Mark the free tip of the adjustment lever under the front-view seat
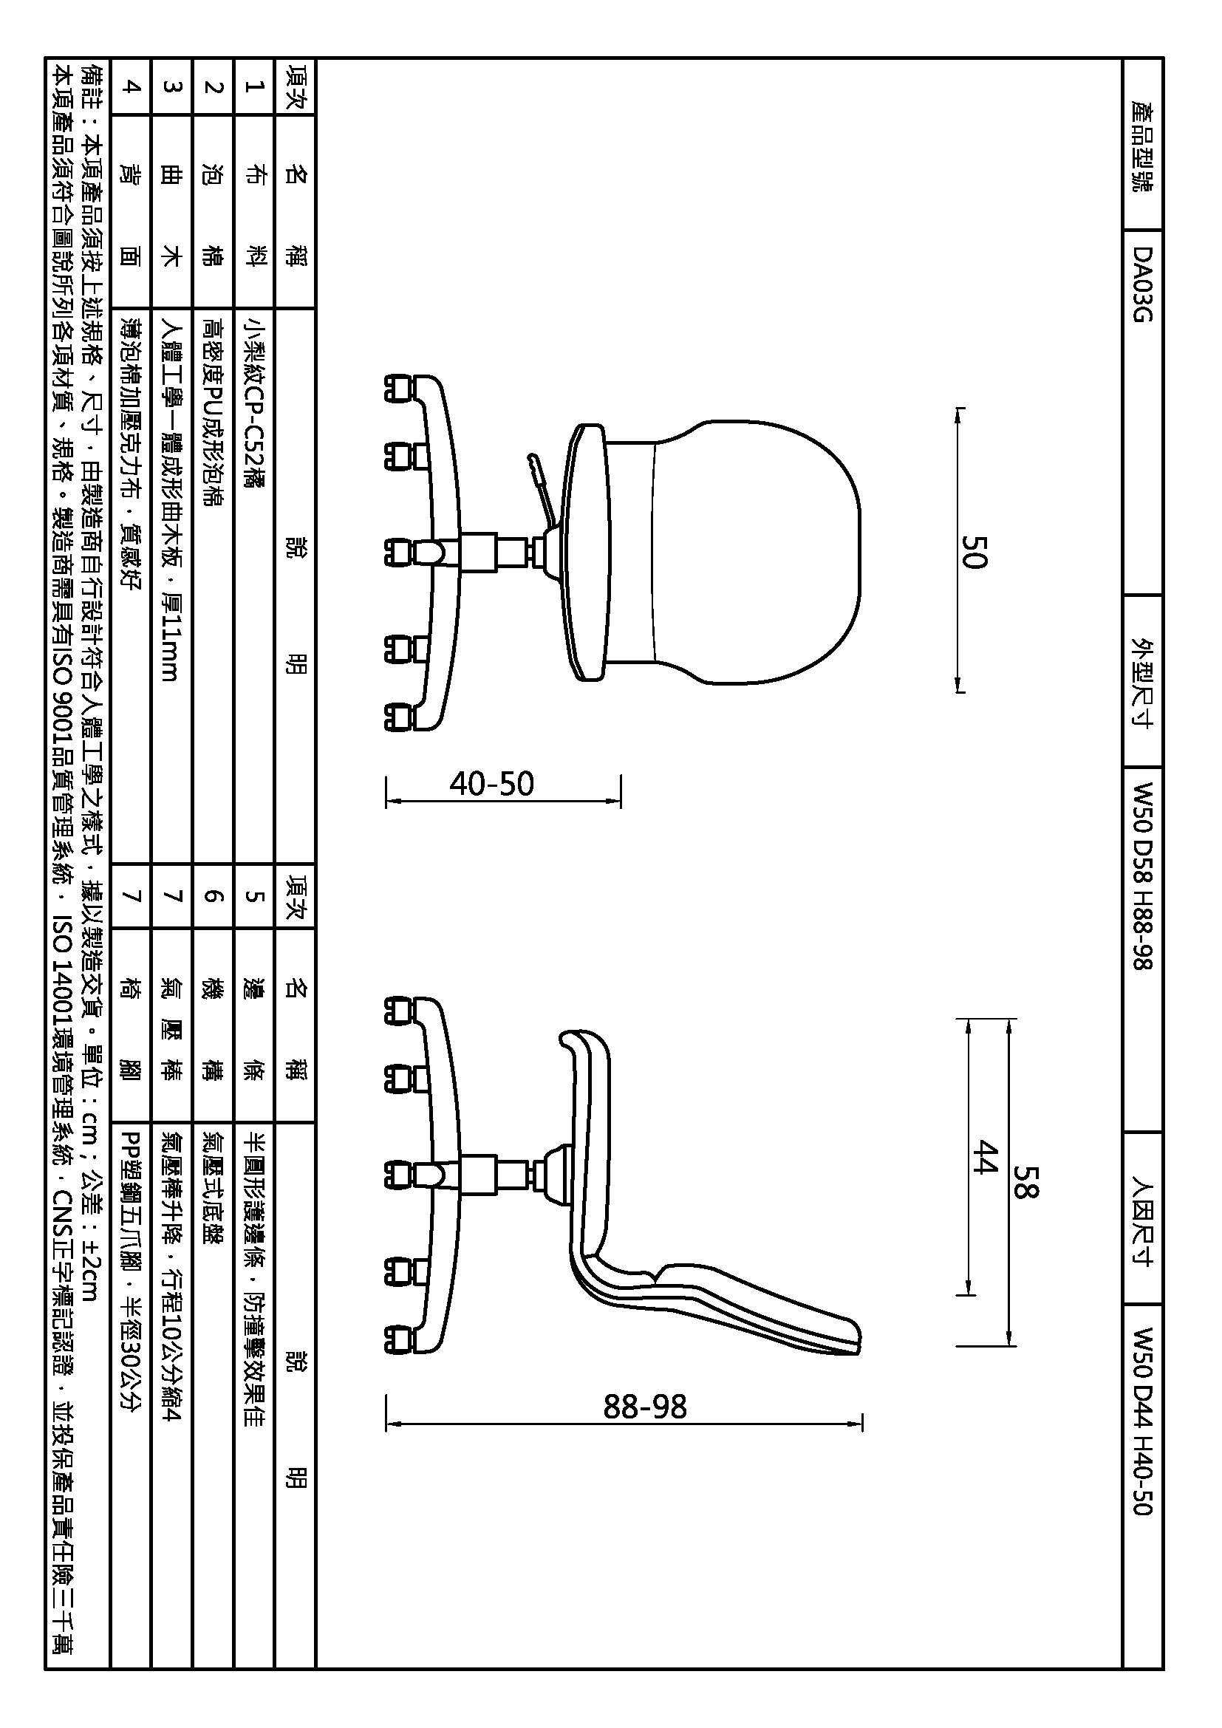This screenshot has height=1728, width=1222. click(530, 456)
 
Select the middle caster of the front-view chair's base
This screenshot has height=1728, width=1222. click(399, 553)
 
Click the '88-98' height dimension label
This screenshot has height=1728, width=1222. click(646, 1406)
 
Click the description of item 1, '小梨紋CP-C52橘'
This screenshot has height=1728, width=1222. click(255, 403)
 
